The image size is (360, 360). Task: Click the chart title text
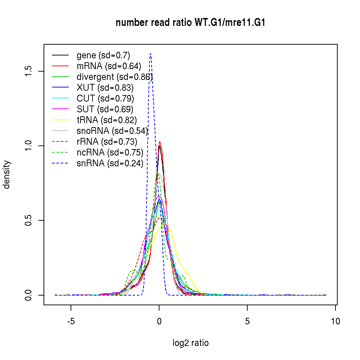tap(190, 23)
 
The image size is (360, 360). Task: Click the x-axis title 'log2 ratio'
tap(190, 343)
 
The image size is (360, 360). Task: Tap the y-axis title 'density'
tap(7, 175)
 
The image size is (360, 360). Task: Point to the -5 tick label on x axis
tap(71, 322)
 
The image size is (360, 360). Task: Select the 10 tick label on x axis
tap(335, 322)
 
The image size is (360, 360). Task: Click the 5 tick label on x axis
tap(247, 322)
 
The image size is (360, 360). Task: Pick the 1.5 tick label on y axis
tap(30, 71)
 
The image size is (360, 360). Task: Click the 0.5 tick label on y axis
tap(30, 220)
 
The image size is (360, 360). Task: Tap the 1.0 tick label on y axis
tap(30, 146)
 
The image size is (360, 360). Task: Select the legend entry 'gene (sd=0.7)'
tap(103, 55)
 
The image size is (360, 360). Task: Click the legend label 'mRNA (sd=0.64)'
tap(109, 66)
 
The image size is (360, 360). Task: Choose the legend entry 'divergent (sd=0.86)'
tap(114, 77)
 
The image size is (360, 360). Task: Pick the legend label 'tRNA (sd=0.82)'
tap(107, 120)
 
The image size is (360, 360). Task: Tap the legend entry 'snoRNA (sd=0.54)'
tap(112, 131)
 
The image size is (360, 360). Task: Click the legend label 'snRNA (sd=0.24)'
tap(110, 163)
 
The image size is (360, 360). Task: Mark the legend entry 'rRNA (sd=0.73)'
tap(107, 142)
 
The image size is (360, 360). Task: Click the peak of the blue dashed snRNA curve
tap(150, 54)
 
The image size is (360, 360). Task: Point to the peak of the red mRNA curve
tap(159, 142)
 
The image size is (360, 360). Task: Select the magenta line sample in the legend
tap(60, 109)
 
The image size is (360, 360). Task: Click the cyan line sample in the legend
tap(60, 99)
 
